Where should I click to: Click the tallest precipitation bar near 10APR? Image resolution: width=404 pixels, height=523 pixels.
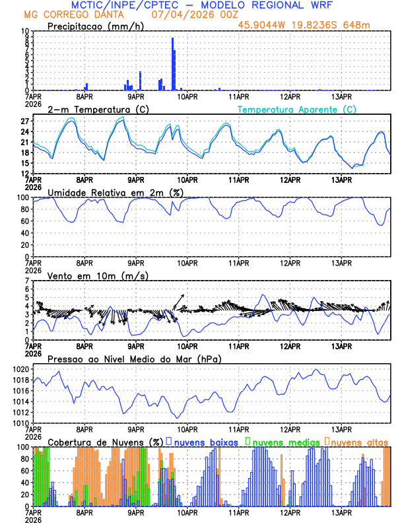(x=172, y=64)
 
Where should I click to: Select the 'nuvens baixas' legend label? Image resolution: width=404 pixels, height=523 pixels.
(x=205, y=441)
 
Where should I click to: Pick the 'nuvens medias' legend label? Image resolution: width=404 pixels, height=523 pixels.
(x=285, y=441)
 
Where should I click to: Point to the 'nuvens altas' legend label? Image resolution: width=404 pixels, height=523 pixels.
(x=360, y=441)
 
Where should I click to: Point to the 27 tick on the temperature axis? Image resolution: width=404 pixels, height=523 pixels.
(x=24, y=122)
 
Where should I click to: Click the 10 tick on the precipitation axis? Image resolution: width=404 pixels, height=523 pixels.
(x=24, y=31)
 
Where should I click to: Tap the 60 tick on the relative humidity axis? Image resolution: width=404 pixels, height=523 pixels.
(x=24, y=221)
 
